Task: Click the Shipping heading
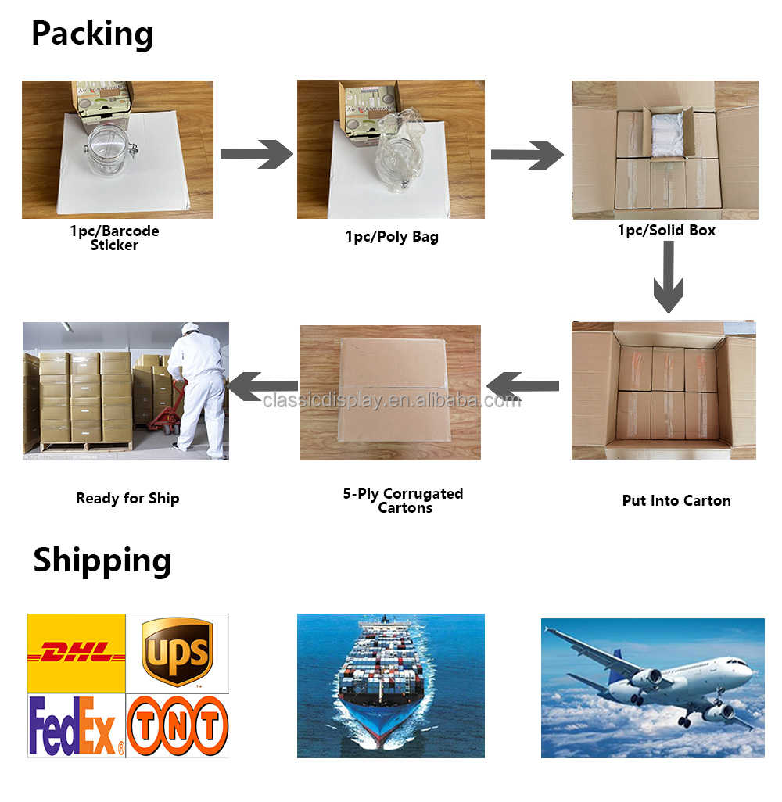[102, 560]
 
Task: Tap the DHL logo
[77, 652]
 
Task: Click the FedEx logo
[76, 725]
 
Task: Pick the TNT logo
[178, 725]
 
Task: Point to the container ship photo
[390, 686]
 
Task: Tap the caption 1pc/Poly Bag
[392, 236]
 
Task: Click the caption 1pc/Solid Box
[666, 230]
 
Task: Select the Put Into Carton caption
[676, 500]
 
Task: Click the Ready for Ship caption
[127, 498]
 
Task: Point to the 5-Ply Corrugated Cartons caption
[403, 500]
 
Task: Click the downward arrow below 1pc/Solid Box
[668, 277]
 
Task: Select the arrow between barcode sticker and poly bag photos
[256, 153]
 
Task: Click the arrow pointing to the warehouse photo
[263, 386]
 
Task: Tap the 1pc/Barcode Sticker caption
[114, 238]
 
